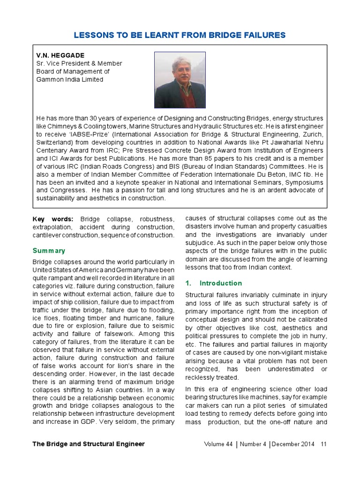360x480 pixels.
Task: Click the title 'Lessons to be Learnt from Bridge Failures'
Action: click(x=180, y=35)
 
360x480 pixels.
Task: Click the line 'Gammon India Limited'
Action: click(x=70, y=79)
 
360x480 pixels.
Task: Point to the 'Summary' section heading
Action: click(x=49, y=251)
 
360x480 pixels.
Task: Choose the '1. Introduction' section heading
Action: click(x=214, y=283)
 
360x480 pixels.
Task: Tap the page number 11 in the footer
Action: click(x=323, y=444)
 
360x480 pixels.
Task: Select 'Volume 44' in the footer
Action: click(x=218, y=444)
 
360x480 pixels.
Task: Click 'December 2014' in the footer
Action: click(x=294, y=444)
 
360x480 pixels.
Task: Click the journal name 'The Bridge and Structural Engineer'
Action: click(x=89, y=444)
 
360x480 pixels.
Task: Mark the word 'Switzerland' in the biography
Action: click(x=54, y=142)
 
